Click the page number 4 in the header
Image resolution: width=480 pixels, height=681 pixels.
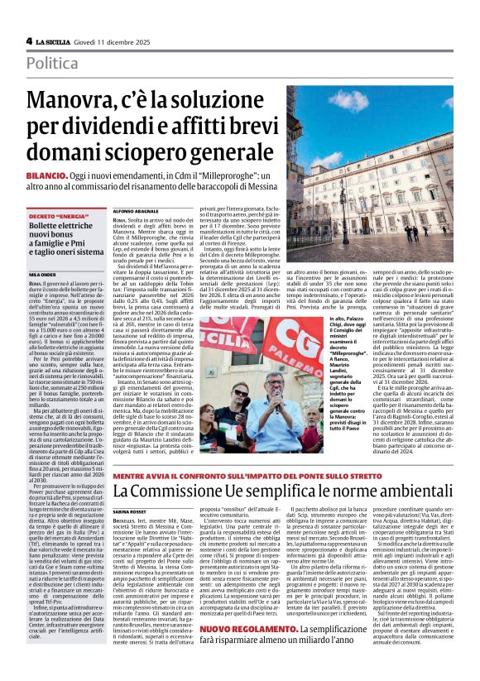click(29, 41)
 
